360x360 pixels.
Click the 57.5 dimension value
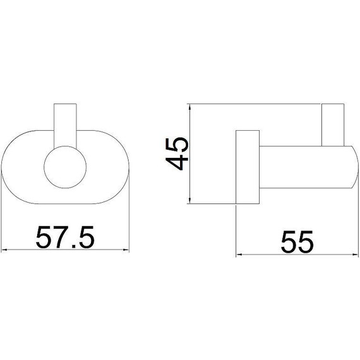point(65,237)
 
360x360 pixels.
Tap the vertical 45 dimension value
point(177,154)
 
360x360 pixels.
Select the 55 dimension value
point(297,242)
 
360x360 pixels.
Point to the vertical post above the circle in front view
point(65,126)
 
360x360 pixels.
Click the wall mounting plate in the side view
point(248,167)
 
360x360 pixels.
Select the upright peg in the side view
point(333,125)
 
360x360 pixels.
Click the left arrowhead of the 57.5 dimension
point(4,250)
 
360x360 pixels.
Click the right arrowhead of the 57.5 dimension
point(126,250)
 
